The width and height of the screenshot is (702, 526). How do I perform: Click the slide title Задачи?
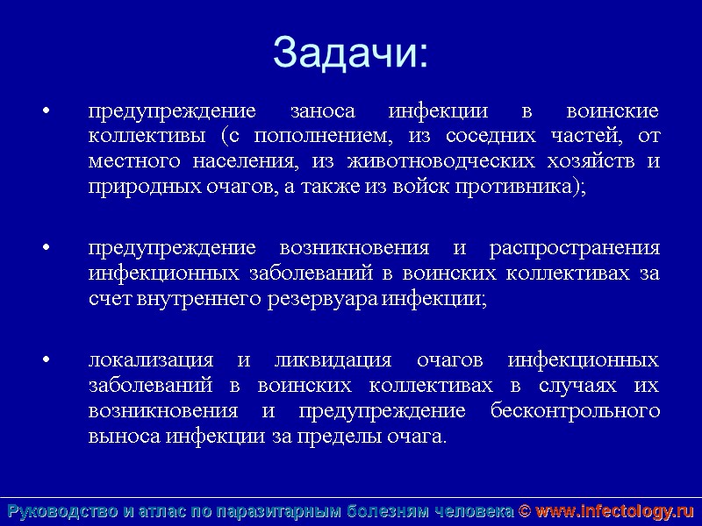point(350,52)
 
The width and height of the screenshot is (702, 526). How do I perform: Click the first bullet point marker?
point(46,113)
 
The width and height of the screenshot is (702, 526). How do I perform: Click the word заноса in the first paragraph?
point(322,112)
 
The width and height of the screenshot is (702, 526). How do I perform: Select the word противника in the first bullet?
point(526,188)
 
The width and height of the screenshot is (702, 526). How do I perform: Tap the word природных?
point(131,188)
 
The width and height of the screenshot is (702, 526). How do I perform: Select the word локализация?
point(151,361)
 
